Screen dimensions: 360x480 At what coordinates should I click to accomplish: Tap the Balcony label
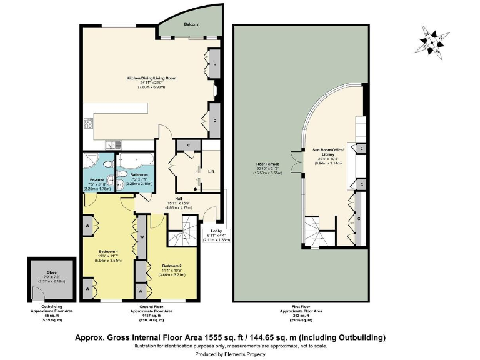click(191, 25)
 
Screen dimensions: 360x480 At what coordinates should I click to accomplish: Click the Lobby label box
click(217, 235)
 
